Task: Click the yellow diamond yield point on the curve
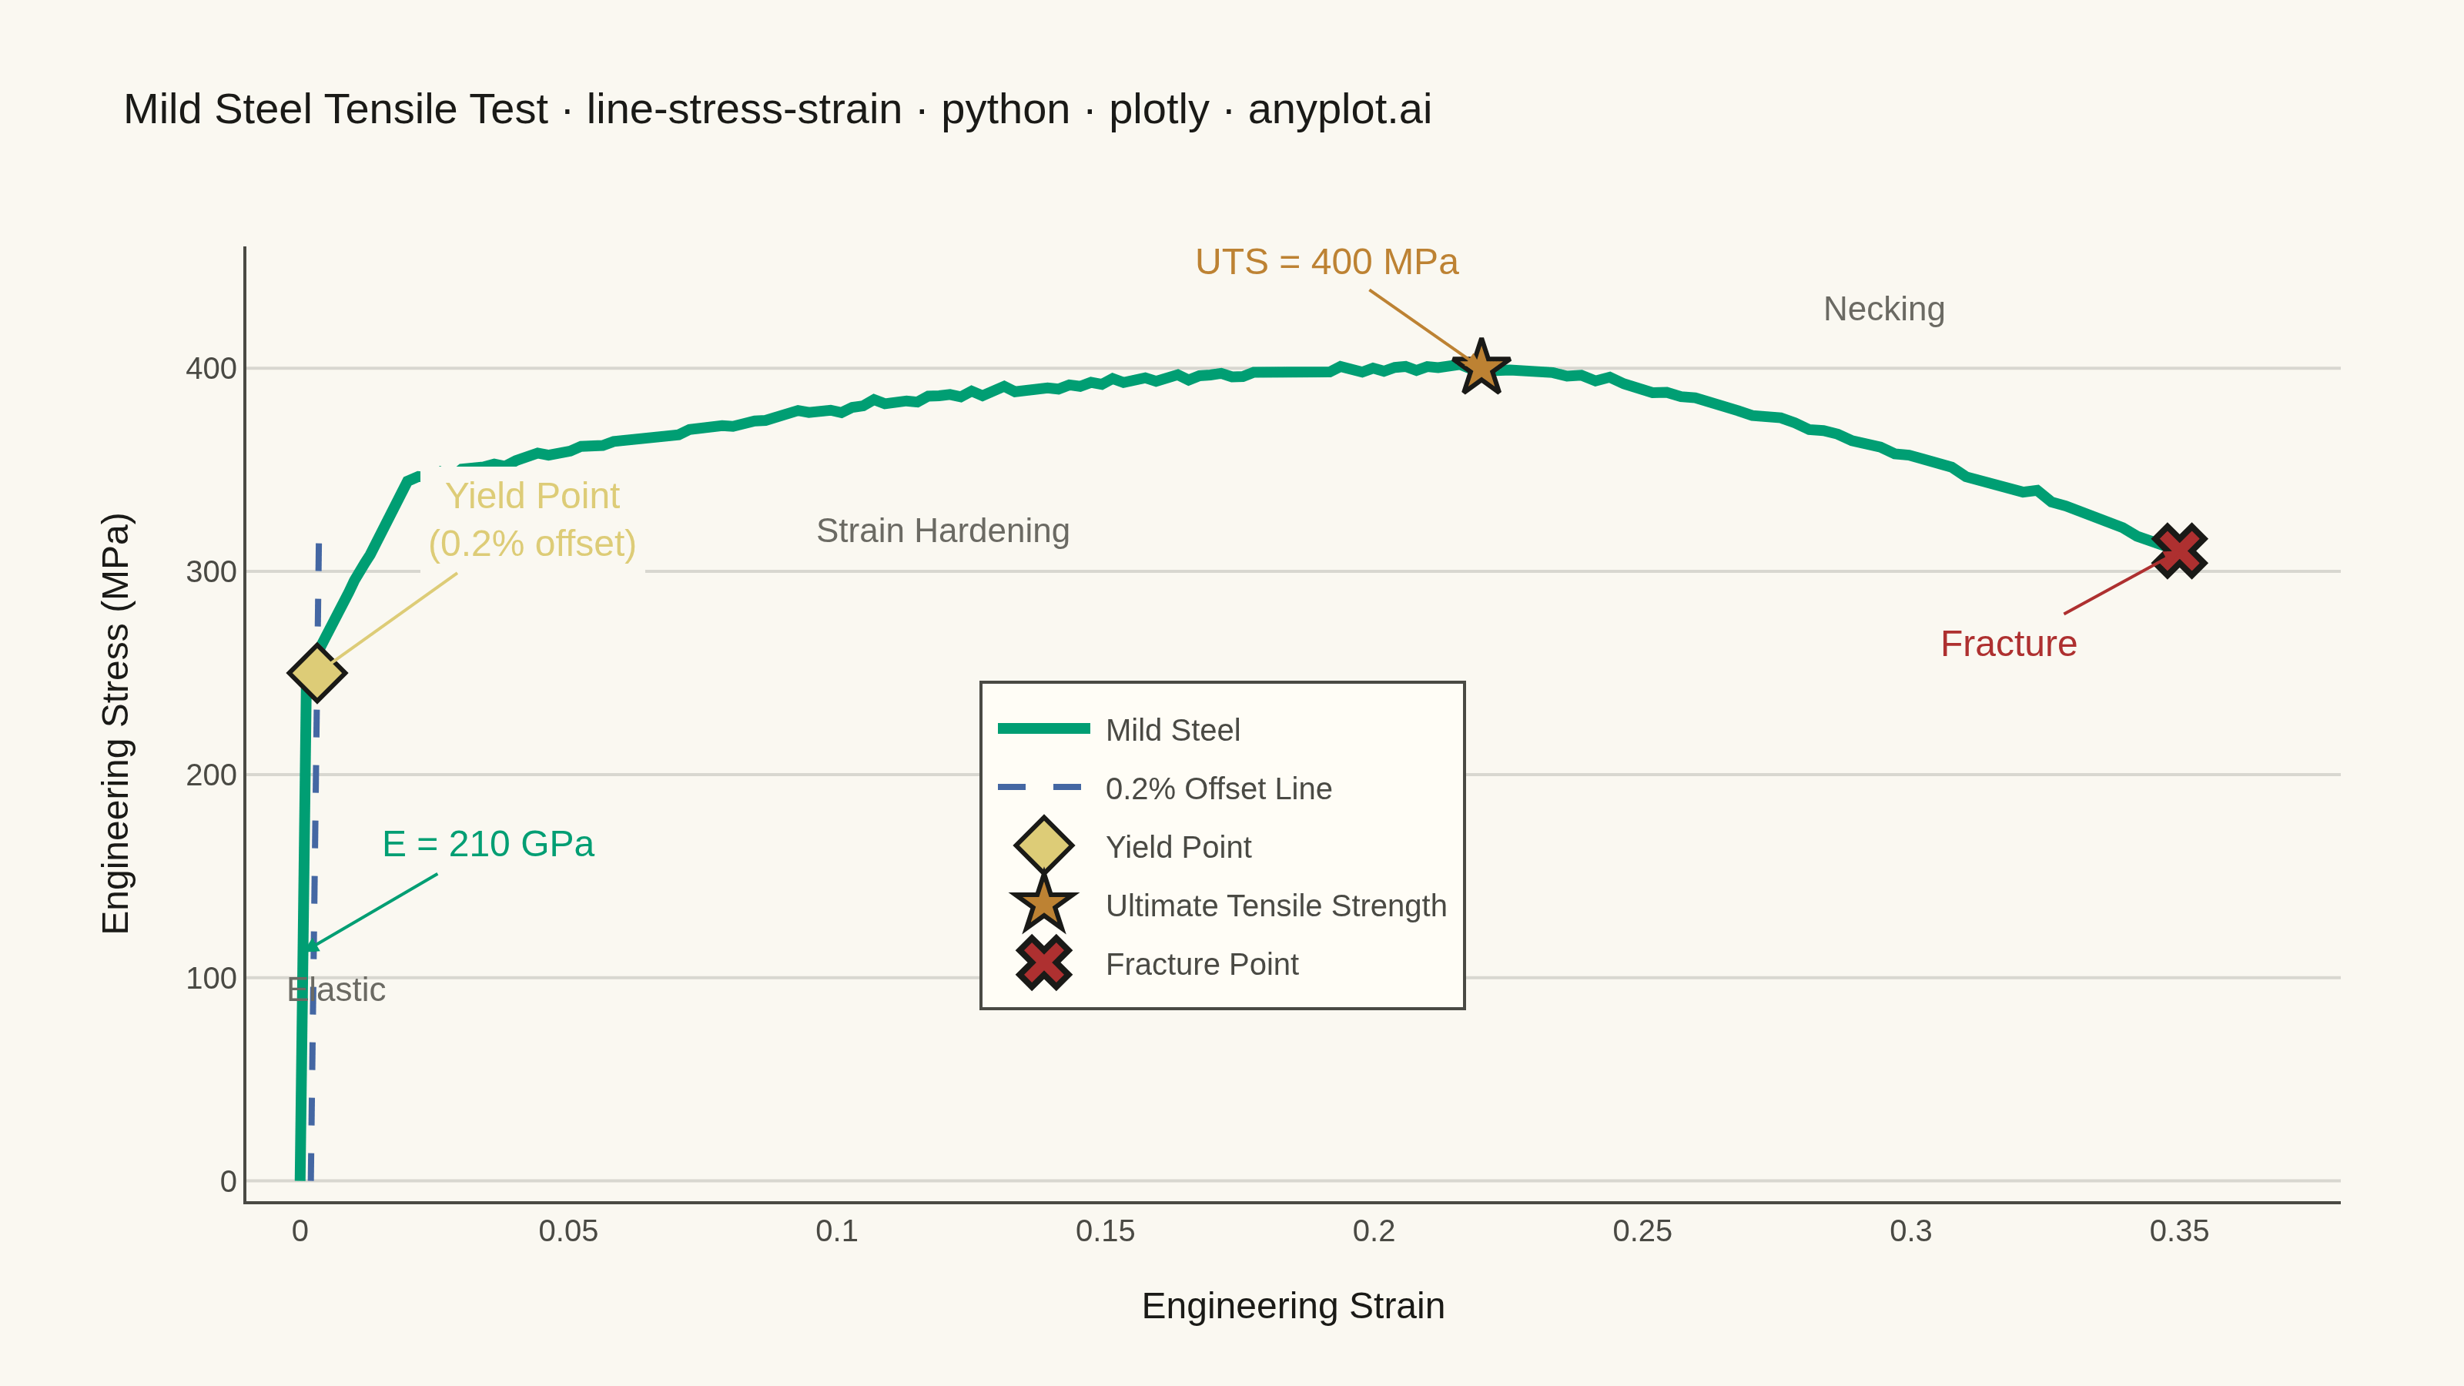[x=316, y=672]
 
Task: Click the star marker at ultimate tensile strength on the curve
[x=1481, y=367]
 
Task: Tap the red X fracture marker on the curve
[x=2179, y=551]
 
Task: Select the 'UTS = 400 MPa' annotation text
[x=1327, y=262]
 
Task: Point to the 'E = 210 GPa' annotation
[x=488, y=844]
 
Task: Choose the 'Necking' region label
[x=1883, y=309]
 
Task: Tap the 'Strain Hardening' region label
[x=942, y=531]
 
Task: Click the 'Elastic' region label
[x=336, y=990]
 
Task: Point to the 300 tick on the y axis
[x=212, y=572]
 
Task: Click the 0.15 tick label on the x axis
[x=1105, y=1231]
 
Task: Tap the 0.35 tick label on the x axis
[x=2179, y=1231]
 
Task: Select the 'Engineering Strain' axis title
[x=1294, y=1307]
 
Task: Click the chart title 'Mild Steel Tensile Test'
[x=336, y=109]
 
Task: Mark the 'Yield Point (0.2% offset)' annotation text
[x=533, y=520]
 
